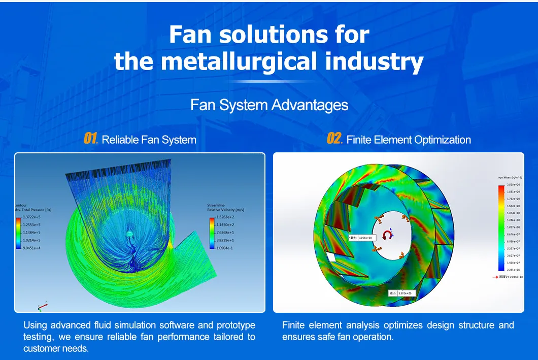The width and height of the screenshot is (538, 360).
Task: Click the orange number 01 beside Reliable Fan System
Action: coord(90,139)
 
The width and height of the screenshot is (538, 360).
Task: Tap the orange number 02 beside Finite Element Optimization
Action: coord(335,139)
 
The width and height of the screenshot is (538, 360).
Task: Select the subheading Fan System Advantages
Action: coord(269,105)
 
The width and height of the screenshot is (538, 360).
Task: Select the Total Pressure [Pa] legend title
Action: coord(35,209)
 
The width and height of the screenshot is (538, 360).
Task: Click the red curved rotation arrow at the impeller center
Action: coord(387,235)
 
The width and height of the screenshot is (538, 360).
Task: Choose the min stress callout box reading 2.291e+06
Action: coord(402,293)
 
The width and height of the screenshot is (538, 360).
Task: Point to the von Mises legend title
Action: coord(511,178)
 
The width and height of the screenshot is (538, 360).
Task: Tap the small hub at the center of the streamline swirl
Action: coord(129,233)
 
